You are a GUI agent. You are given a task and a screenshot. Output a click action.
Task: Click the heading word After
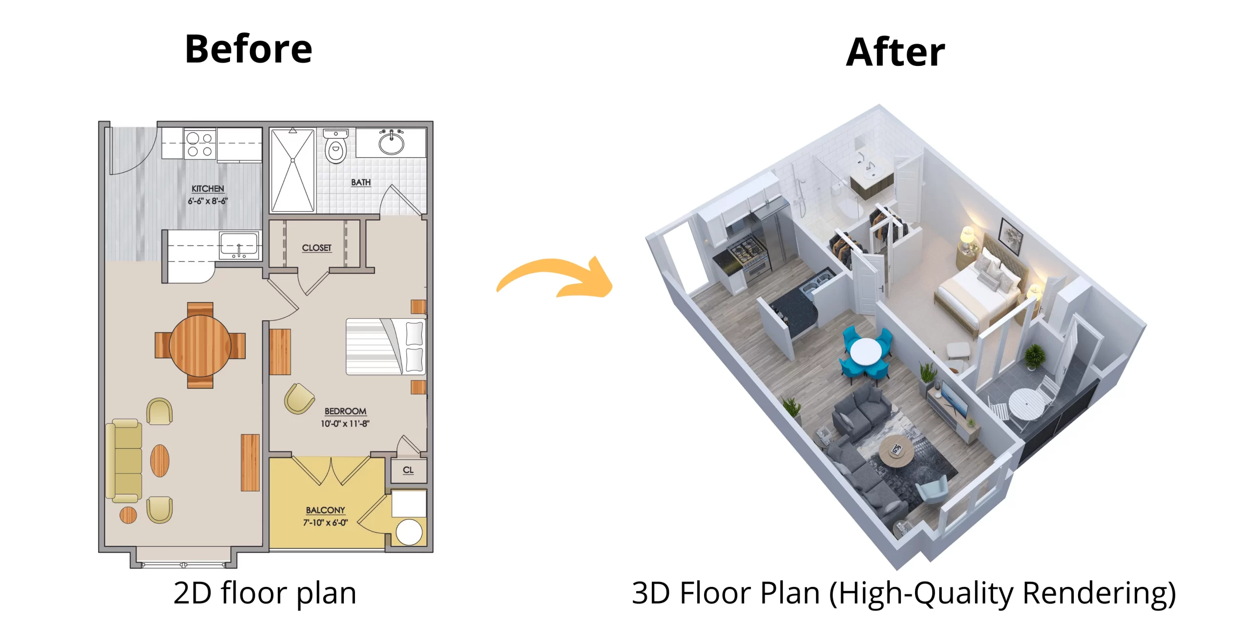895,52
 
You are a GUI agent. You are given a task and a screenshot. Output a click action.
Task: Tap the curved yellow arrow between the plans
557,278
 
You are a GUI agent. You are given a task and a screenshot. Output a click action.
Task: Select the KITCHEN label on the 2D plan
208,189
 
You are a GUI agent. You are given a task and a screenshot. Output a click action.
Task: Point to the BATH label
361,183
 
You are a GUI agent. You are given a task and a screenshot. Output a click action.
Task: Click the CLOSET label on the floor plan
316,248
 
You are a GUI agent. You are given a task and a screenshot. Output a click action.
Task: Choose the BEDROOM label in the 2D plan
345,412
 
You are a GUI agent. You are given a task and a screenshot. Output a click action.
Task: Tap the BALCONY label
325,510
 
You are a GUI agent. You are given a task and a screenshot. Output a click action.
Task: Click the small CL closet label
408,470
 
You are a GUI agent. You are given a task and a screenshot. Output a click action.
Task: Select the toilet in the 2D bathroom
336,147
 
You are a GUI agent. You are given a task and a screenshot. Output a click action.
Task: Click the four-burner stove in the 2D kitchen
200,144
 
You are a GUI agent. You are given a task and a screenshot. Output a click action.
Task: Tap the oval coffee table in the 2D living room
160,460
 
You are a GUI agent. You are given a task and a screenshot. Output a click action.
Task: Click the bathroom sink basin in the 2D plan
391,143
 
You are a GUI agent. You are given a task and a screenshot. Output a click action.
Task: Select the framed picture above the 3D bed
1010,236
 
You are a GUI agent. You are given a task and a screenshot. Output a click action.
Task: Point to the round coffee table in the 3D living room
896,451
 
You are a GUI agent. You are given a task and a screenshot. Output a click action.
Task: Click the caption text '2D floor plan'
265,593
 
